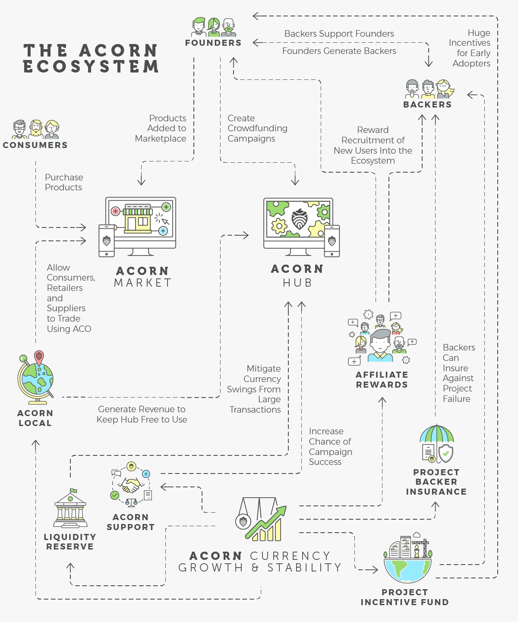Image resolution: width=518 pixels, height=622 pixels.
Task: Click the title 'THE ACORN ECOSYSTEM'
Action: [91, 58]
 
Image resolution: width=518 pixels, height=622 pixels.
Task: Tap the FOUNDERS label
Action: [213, 43]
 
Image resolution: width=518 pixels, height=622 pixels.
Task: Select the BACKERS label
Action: [427, 104]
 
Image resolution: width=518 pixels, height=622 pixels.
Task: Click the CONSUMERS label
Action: [35, 145]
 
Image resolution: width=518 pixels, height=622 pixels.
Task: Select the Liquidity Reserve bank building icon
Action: [70, 509]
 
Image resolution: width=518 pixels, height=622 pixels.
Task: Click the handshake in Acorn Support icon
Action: [131, 485]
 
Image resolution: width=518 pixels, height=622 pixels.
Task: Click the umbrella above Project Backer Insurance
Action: [437, 434]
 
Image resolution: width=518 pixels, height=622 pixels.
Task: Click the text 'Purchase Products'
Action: [64, 182]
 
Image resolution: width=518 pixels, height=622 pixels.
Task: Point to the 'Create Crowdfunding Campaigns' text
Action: [257, 128]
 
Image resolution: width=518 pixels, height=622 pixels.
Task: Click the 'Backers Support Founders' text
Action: [339, 34]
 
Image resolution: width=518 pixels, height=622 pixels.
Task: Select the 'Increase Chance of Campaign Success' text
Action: [330, 446]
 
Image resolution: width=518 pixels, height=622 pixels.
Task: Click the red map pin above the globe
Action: [39, 357]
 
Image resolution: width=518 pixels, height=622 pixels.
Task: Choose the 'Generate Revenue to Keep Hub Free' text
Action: [142, 414]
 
